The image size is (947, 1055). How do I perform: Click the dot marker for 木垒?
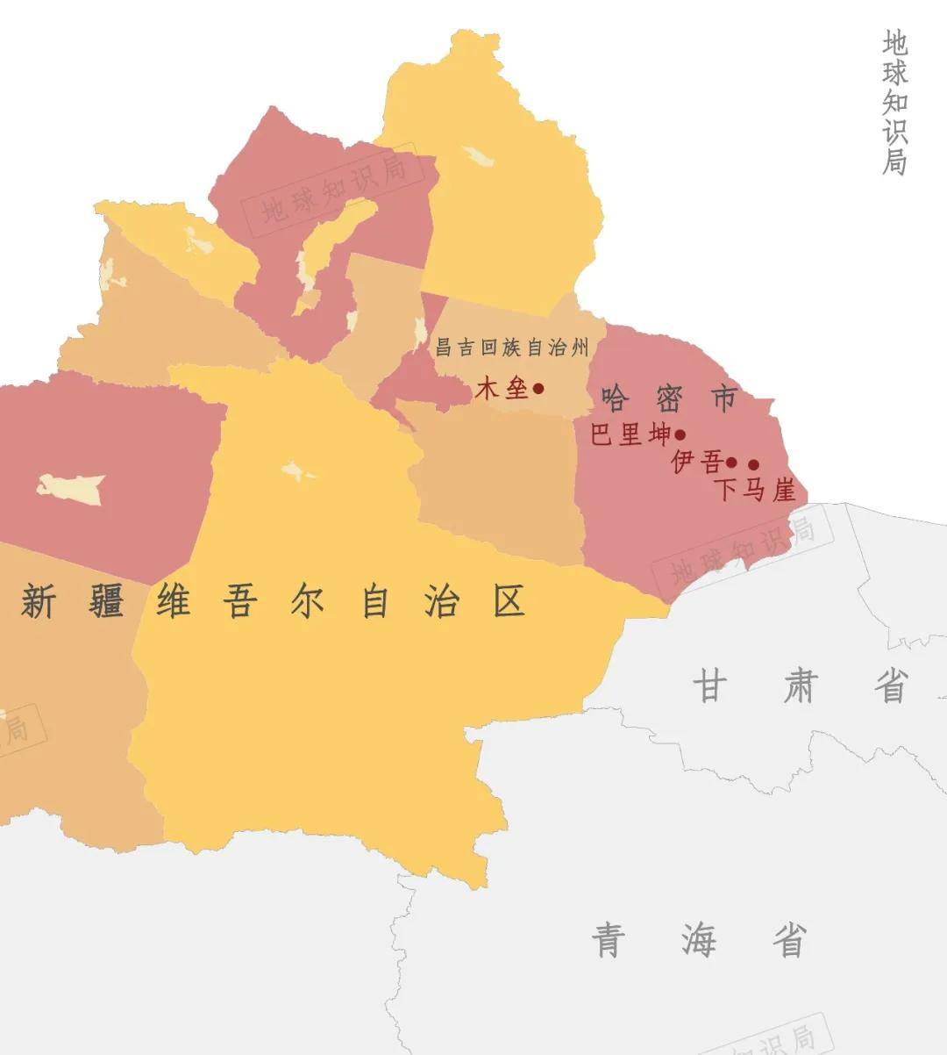538,388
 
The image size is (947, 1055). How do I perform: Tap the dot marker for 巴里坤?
680,434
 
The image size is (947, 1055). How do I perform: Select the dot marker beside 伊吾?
731,463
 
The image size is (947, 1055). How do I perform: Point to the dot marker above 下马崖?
753,464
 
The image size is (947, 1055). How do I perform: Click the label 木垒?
502,388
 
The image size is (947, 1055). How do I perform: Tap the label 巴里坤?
630,434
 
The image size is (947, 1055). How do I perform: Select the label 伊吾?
698,462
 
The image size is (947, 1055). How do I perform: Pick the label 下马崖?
755,489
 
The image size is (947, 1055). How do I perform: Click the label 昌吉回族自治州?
513,348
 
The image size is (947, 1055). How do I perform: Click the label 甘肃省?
801,685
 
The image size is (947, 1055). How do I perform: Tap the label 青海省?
699,941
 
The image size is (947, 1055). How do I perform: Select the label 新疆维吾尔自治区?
273,602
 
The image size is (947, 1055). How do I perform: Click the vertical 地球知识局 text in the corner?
894,103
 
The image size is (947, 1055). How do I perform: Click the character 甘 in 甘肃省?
710,685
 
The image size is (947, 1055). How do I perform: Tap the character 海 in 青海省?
699,941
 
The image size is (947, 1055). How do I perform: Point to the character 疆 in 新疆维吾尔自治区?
105,602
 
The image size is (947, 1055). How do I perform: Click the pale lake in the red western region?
72,488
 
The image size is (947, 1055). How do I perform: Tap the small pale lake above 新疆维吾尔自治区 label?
298,472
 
